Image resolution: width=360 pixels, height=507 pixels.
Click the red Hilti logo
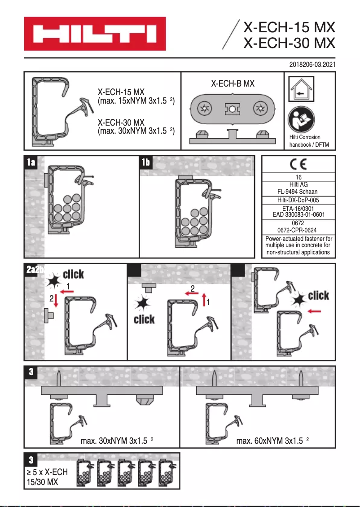pos(95,34)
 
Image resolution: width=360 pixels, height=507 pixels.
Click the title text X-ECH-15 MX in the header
pos(289,28)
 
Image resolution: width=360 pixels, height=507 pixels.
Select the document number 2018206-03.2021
pos(312,65)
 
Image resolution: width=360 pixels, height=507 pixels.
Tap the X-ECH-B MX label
pos(233,83)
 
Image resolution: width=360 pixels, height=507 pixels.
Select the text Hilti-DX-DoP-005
pos(298,201)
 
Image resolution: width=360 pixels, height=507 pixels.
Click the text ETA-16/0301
pos(298,209)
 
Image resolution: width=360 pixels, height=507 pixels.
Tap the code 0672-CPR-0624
pos(298,230)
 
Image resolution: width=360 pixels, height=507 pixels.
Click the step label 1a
pos(31,162)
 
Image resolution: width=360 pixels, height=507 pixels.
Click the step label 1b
pos(146,162)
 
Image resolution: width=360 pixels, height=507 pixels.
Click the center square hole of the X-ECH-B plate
pos(232,109)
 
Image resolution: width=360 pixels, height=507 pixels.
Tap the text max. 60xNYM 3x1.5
pos(269,441)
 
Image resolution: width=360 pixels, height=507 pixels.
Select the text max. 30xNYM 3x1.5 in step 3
pos(114,441)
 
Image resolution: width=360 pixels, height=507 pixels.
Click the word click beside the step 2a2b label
pos(73,274)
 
